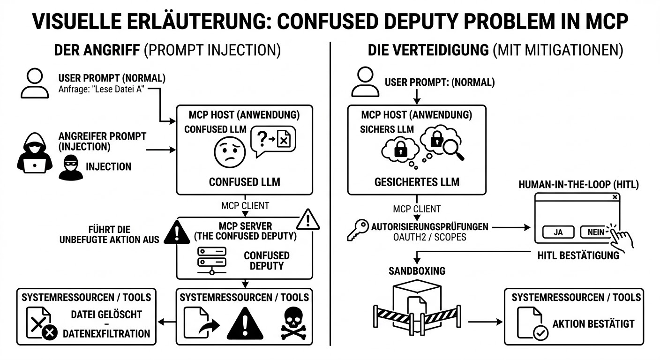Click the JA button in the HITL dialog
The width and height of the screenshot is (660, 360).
(558, 232)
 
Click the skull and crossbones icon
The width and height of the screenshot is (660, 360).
(293, 324)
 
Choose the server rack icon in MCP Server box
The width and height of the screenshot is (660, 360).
(211, 259)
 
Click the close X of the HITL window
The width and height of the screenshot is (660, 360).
(615, 197)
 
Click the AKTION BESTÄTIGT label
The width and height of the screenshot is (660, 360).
(593, 323)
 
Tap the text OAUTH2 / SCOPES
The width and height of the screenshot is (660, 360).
(429, 237)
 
